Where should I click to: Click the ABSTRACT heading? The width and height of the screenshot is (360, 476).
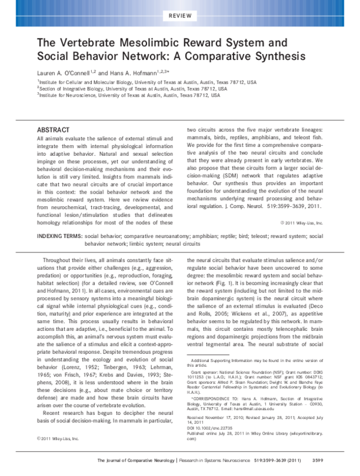pos(53,129)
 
